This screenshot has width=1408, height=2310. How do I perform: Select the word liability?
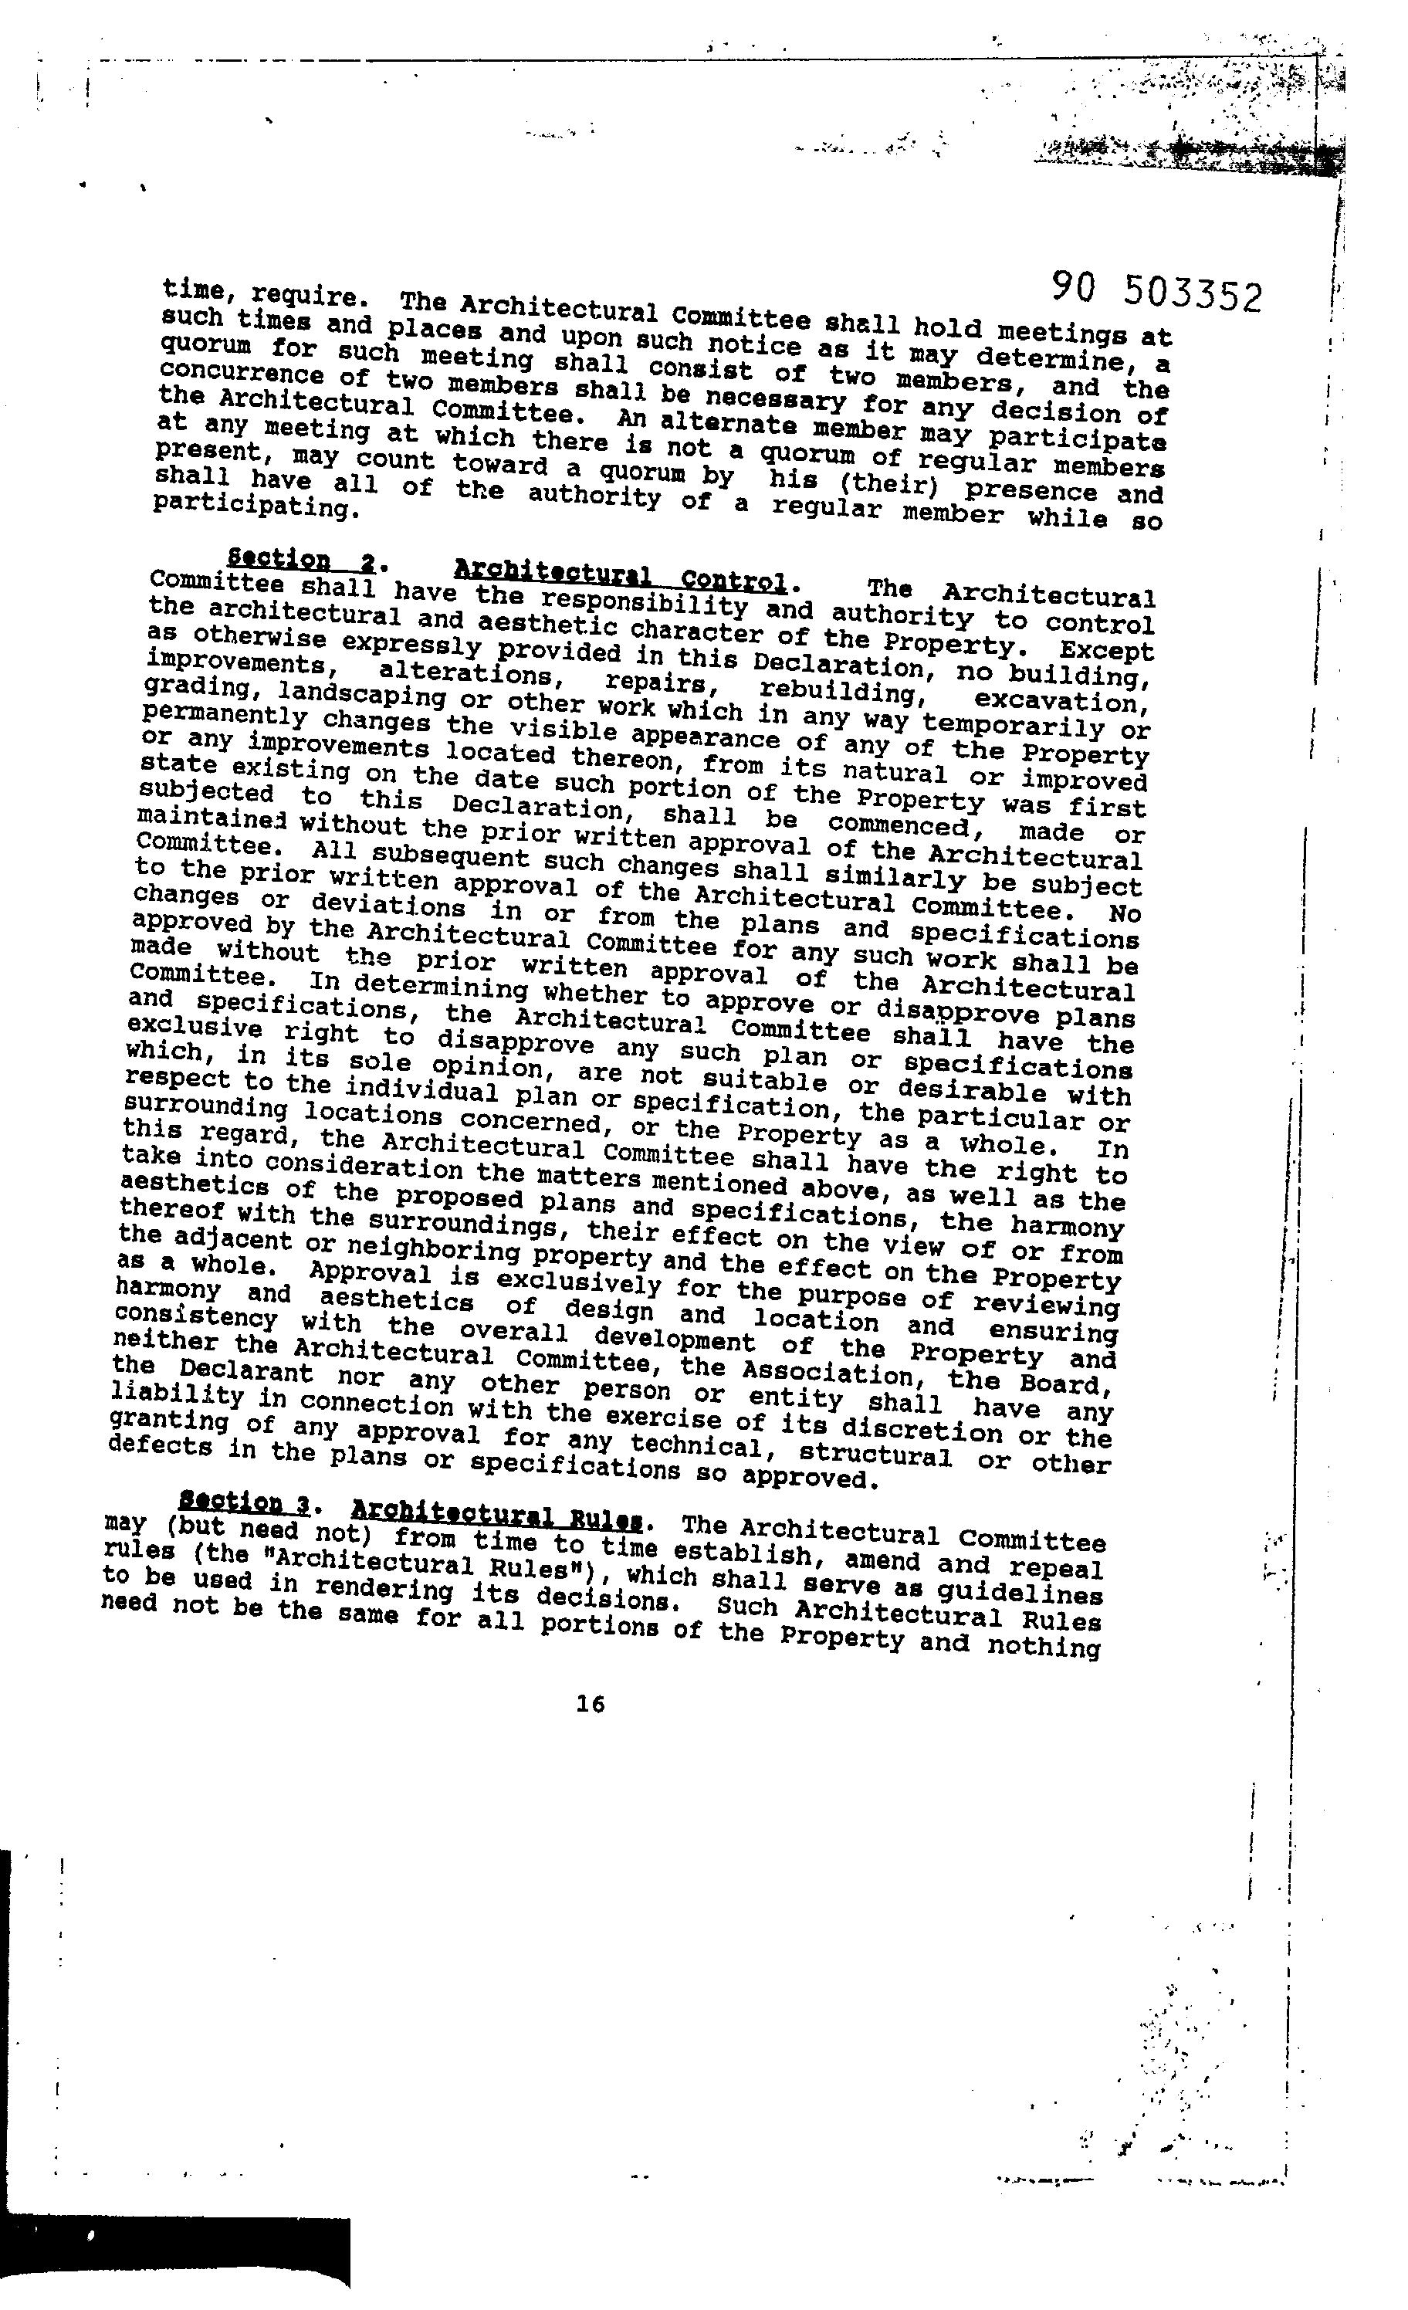coord(178,1397)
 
